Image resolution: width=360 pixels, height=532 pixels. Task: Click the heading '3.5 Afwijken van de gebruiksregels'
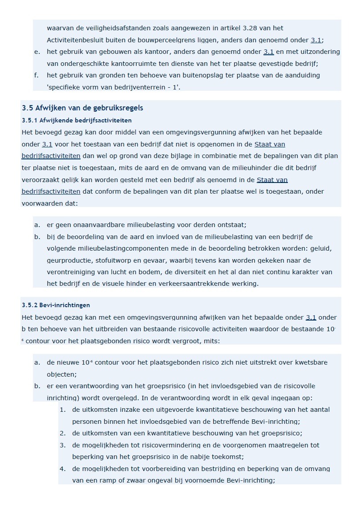[x=82, y=108]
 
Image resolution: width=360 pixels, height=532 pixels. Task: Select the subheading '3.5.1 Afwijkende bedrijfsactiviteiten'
[x=77, y=120]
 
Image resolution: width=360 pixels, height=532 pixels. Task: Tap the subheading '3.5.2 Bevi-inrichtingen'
[x=56, y=305]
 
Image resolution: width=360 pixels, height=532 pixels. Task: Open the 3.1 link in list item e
[x=268, y=52]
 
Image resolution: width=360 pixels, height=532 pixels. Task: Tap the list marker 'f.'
[x=36, y=75]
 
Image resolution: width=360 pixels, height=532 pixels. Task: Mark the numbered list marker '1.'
[x=63, y=410]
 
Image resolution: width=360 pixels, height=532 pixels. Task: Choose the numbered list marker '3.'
[x=63, y=445]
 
